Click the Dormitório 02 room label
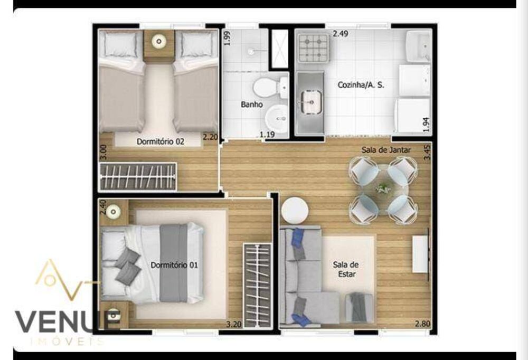pyautogui.click(x=160, y=141)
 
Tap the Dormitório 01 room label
pyautogui.click(x=174, y=265)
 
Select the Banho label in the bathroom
pyautogui.click(x=252, y=105)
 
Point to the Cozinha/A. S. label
pyautogui.click(x=361, y=84)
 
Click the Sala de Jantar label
pyautogui.click(x=386, y=150)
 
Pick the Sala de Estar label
pyautogui.click(x=345, y=269)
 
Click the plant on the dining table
pyautogui.click(x=383, y=187)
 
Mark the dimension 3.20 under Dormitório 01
pyautogui.click(x=234, y=324)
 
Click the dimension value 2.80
pyautogui.click(x=422, y=324)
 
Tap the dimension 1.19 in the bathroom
pyautogui.click(x=267, y=136)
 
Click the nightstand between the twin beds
pyautogui.click(x=159, y=46)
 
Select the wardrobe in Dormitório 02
pyautogui.click(x=138, y=177)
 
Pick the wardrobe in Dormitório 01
pyautogui.click(x=257, y=285)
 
